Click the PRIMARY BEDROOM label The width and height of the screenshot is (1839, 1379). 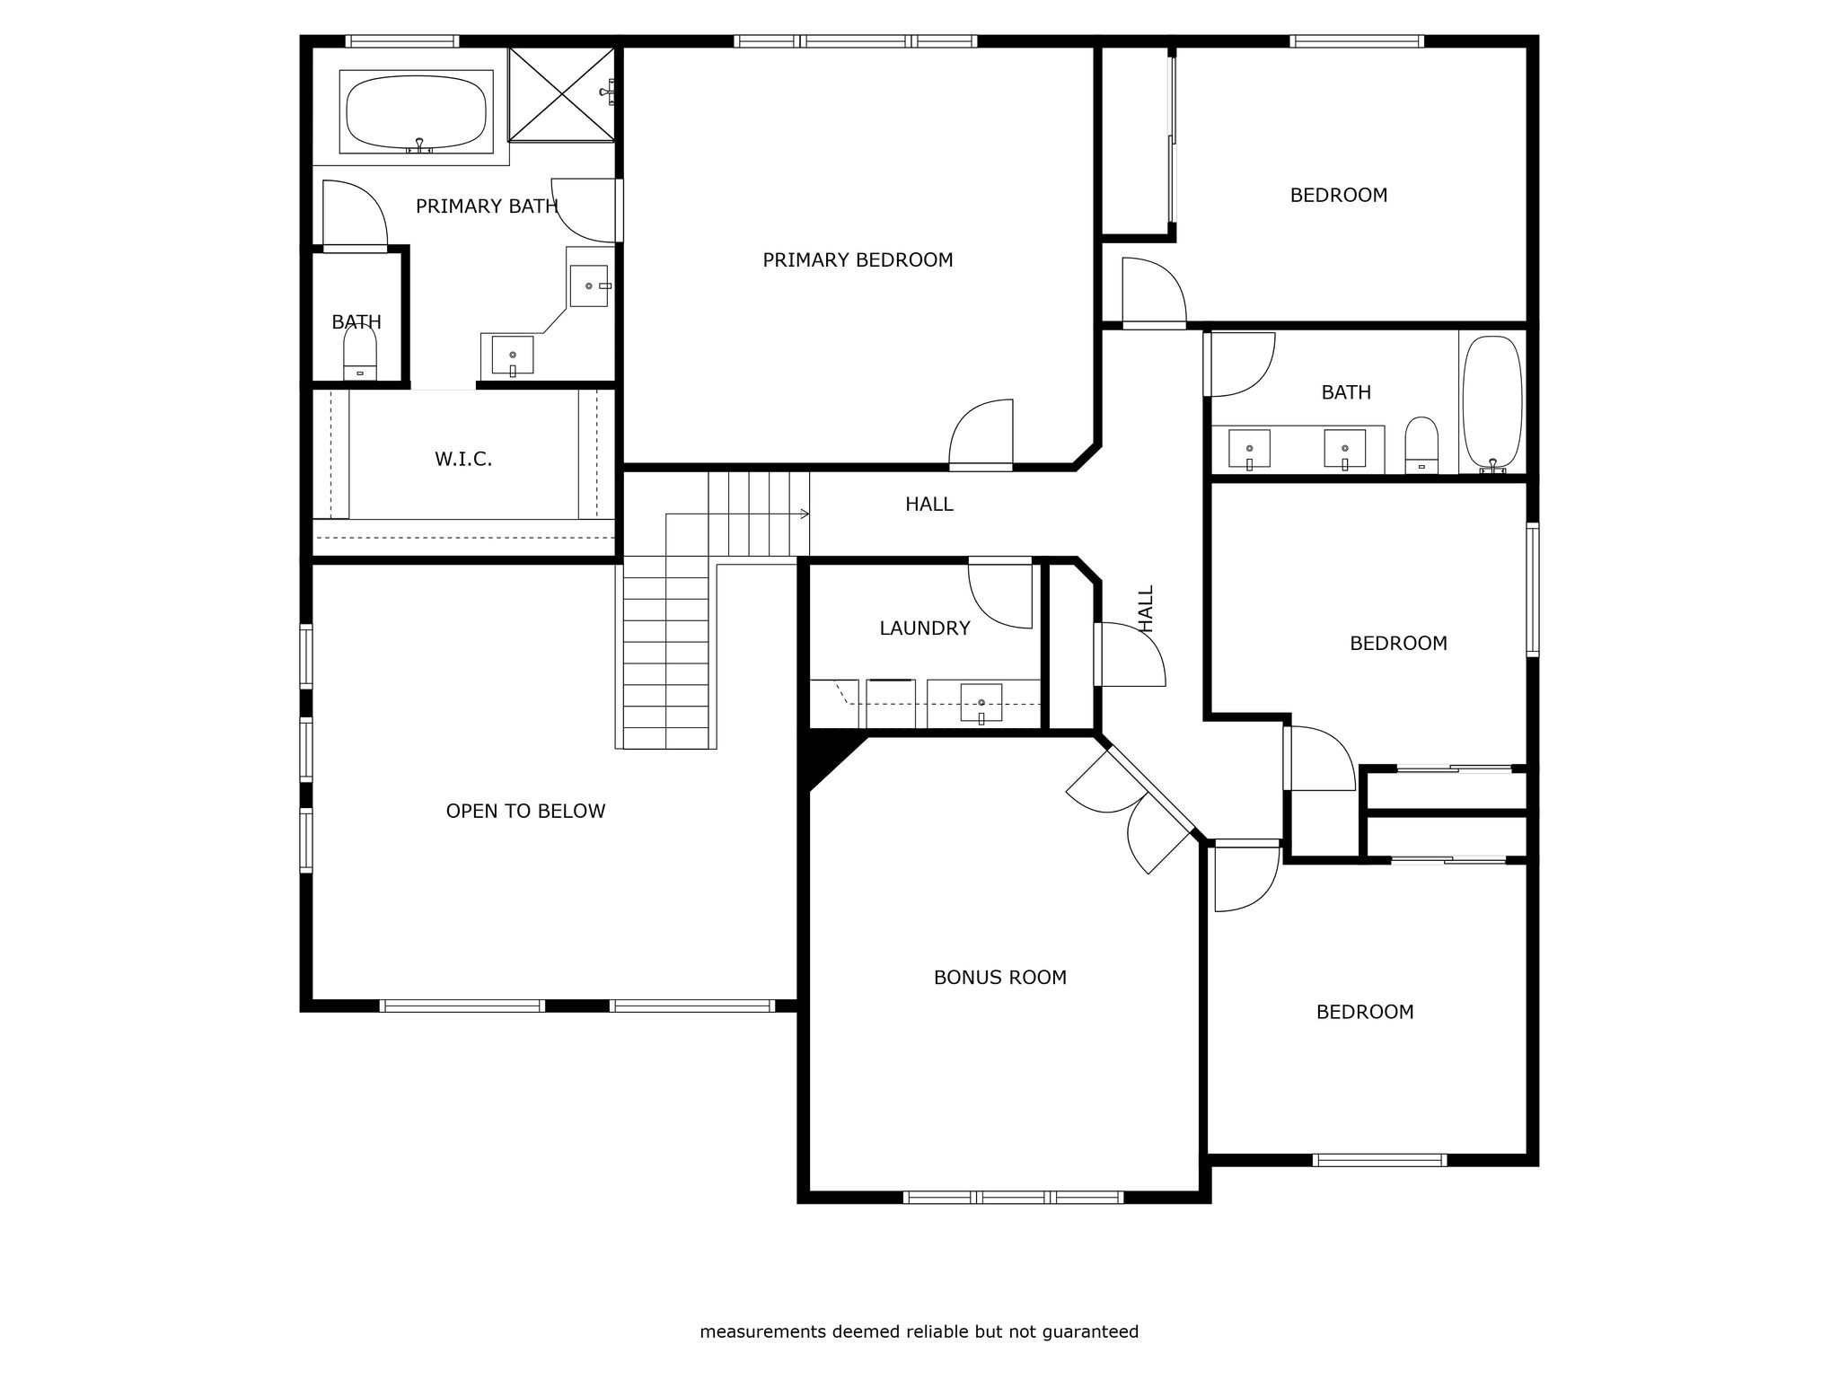click(x=858, y=260)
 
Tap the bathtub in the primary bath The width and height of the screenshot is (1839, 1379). click(x=417, y=112)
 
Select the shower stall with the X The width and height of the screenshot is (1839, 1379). click(x=562, y=94)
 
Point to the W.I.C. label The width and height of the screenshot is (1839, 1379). click(x=463, y=460)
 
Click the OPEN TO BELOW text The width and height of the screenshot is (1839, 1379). click(x=525, y=812)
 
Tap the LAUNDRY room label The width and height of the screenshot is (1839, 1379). click(x=925, y=628)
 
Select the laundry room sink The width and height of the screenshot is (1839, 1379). click(x=981, y=703)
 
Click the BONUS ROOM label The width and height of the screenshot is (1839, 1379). click(x=1000, y=978)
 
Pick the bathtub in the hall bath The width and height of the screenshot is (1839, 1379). click(x=1492, y=404)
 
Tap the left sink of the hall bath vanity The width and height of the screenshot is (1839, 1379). click(x=1249, y=449)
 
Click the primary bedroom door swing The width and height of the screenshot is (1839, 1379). click(x=981, y=433)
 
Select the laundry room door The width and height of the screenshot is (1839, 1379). click(x=1000, y=594)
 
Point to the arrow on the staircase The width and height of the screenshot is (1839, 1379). click(x=738, y=514)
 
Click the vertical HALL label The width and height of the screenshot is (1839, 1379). click(x=1147, y=609)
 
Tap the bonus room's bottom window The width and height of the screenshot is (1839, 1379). click(x=1013, y=1197)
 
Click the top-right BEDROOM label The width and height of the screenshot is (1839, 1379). click(x=1339, y=196)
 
